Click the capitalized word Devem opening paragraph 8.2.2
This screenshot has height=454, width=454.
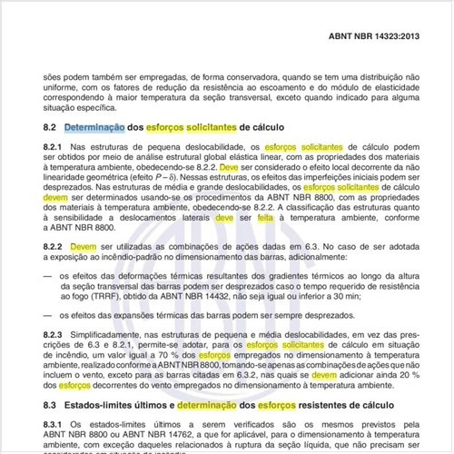pos(84,246)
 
